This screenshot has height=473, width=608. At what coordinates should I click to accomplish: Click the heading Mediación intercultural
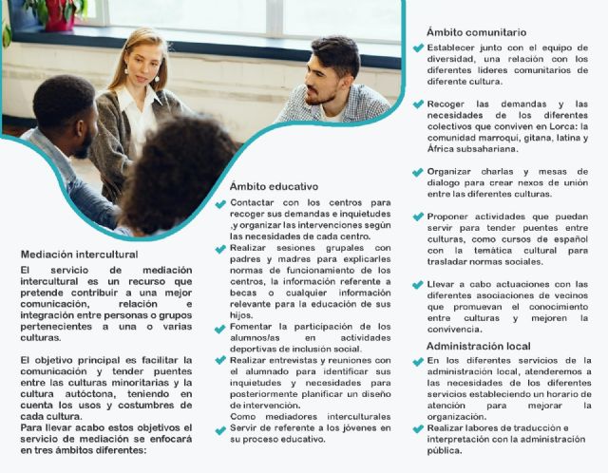(x=80, y=255)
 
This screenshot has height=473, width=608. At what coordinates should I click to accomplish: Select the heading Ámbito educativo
(x=274, y=186)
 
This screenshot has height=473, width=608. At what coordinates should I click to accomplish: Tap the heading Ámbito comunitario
(x=476, y=32)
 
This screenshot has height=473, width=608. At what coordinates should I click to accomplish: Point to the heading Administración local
(x=478, y=347)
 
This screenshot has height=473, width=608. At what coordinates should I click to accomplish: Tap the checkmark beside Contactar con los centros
(x=220, y=203)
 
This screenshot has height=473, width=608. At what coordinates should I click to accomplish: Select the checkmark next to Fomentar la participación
(x=220, y=327)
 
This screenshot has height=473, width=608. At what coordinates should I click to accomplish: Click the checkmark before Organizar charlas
(x=417, y=172)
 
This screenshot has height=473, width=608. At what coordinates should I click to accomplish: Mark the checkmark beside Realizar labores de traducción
(x=417, y=429)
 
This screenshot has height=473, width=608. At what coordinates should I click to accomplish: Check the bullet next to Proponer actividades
(x=417, y=217)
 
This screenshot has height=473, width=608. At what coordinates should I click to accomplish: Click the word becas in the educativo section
(x=244, y=293)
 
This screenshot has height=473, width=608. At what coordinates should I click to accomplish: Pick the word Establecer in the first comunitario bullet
(x=452, y=47)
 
